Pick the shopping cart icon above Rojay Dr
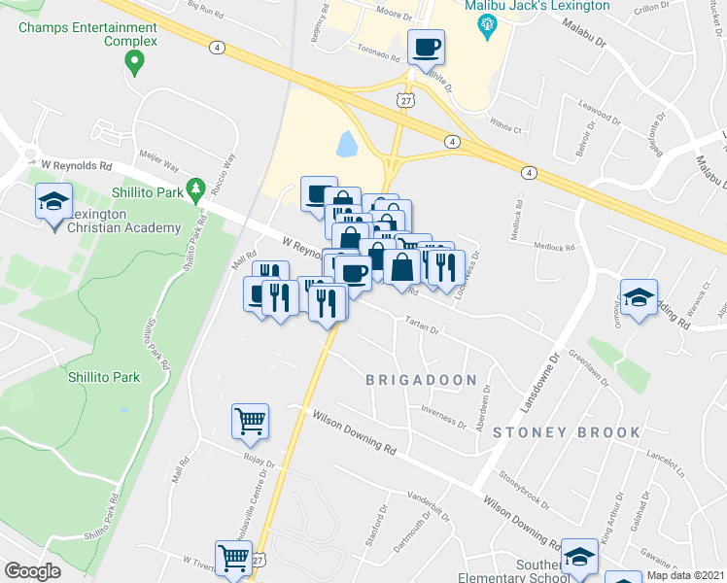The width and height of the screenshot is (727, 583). pos(250,422)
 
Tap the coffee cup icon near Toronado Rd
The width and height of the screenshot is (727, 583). pos(426,47)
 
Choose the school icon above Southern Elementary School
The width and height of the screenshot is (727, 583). pos(579,556)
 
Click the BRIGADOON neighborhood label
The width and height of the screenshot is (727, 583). pos(421,380)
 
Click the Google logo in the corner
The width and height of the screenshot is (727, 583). pos(32,570)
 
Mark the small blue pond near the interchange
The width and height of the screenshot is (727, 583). pos(346,145)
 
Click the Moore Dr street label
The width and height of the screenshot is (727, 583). pos(394,15)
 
